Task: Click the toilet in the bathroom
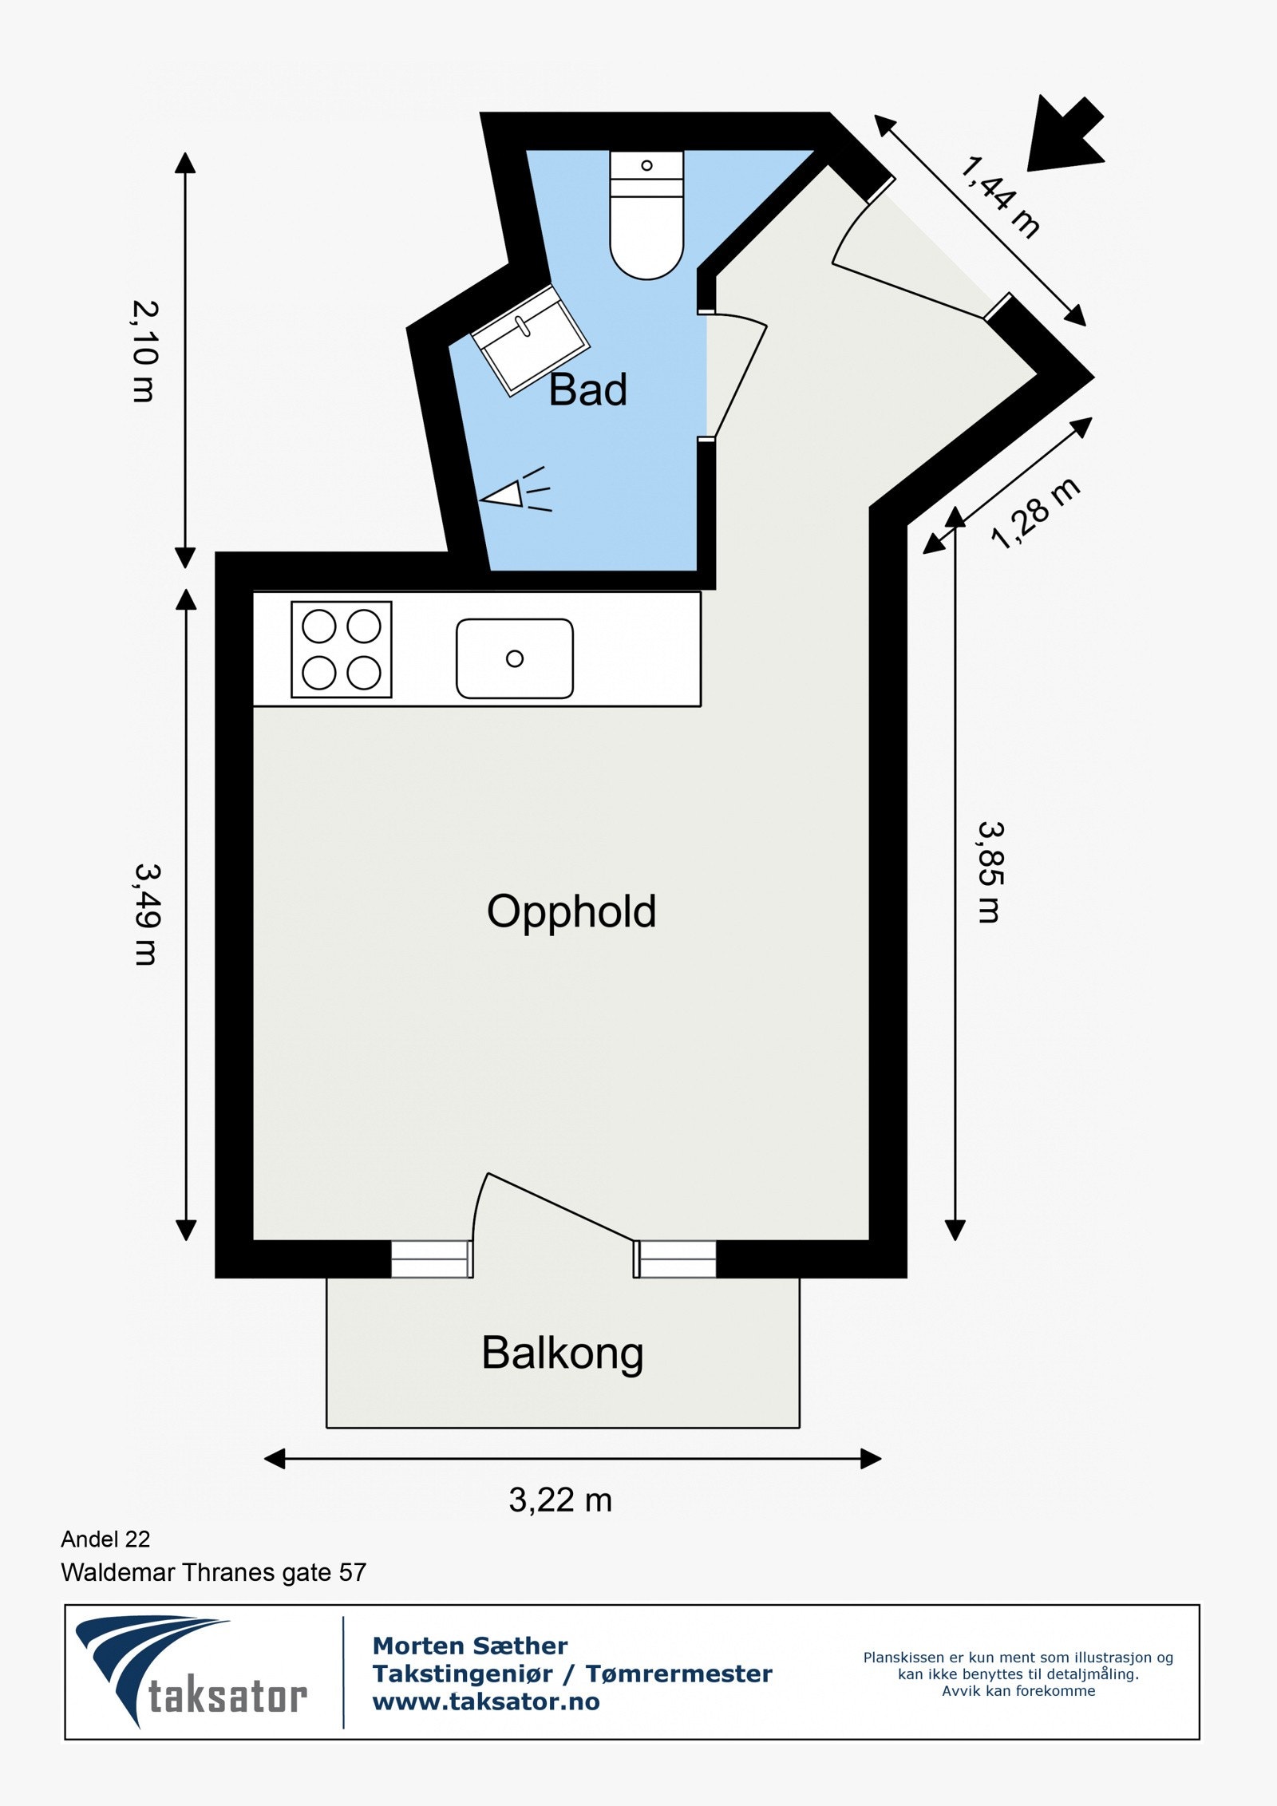646,215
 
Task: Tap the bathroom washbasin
530,340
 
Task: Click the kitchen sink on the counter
515,658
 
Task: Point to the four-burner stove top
342,650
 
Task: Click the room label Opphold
571,912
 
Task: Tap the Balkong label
563,1354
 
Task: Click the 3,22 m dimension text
560,1500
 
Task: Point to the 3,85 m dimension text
990,872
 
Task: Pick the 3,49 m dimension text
147,914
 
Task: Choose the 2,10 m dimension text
144,351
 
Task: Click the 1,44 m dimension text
1000,197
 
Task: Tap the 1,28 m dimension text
1036,513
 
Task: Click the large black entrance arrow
1065,134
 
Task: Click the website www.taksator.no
486,1701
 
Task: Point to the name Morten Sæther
470,1646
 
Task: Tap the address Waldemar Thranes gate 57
214,1572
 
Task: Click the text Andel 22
105,1539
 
